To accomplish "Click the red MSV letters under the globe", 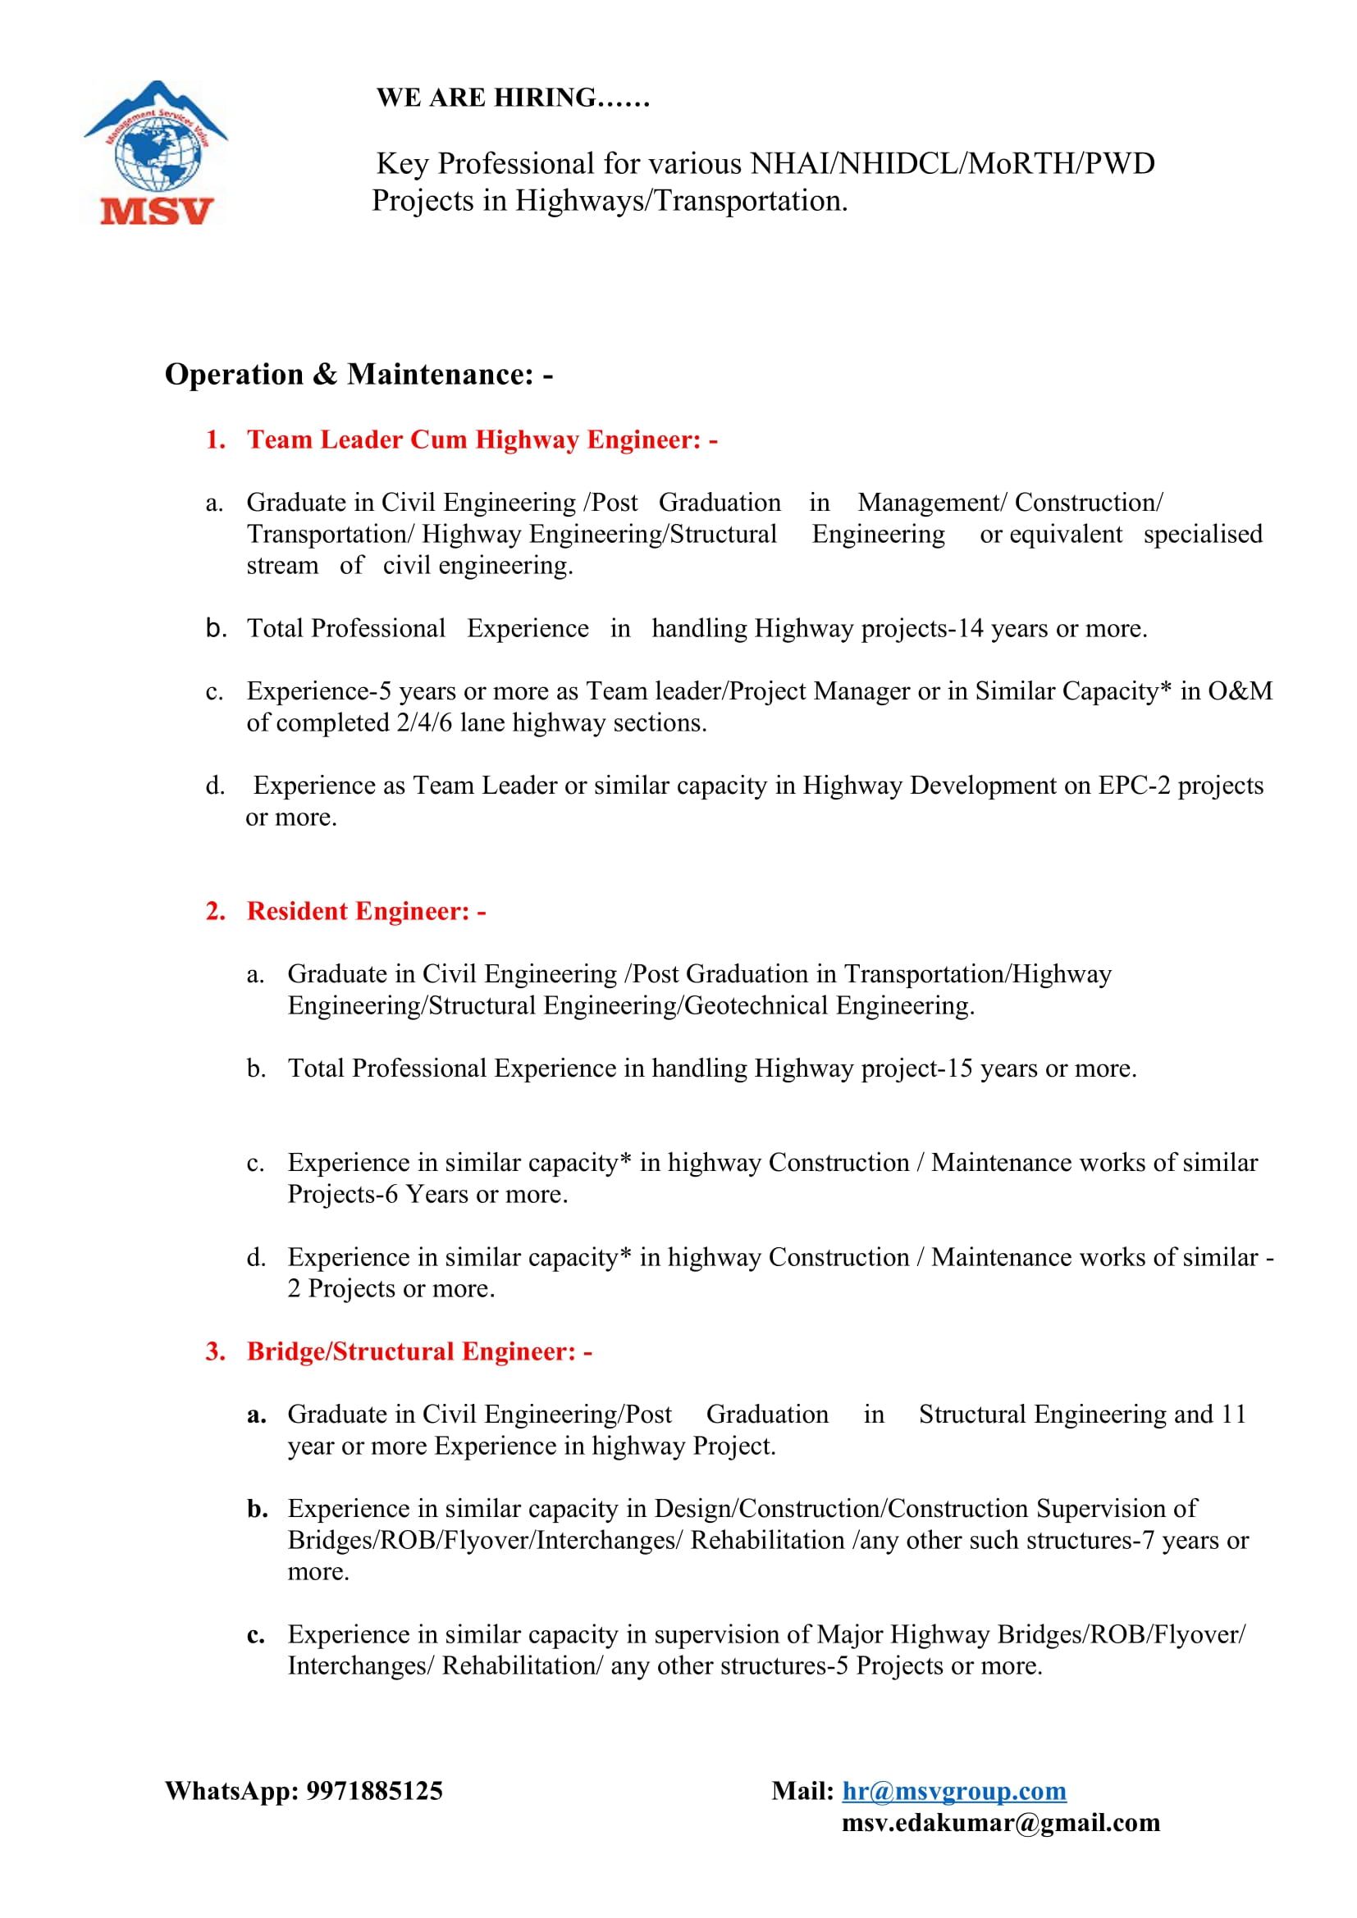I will click(x=157, y=211).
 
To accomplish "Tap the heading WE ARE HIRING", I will click(x=512, y=98).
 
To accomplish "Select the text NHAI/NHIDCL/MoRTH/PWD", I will click(x=953, y=164).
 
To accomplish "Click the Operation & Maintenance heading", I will click(x=359, y=374).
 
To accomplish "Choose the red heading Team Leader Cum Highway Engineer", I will click(x=482, y=440).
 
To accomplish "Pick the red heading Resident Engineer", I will click(x=366, y=910).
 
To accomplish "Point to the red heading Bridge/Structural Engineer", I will click(x=419, y=1351).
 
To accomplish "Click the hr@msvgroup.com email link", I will click(x=953, y=1791).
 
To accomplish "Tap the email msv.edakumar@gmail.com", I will click(x=1000, y=1823).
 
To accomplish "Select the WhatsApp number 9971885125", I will click(x=374, y=1791).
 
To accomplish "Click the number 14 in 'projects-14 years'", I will click(x=970, y=628).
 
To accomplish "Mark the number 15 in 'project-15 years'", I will click(x=959, y=1068).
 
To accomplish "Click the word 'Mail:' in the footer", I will click(x=802, y=1791).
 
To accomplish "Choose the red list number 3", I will click(x=215, y=1351).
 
